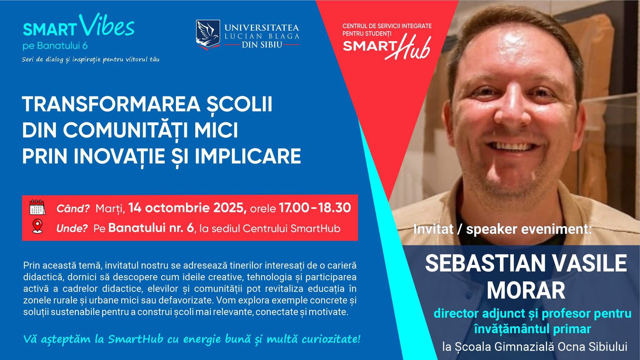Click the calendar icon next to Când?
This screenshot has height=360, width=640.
[37, 207]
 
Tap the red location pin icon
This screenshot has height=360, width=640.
[37, 227]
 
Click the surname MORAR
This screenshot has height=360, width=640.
[526, 290]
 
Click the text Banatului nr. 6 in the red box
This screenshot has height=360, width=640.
[151, 228]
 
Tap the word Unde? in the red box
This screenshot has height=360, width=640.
[72, 228]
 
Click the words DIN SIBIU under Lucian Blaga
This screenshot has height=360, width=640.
[262, 45]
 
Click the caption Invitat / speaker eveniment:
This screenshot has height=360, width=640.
[502, 229]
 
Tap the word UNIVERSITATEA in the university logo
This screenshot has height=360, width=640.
[262, 27]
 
